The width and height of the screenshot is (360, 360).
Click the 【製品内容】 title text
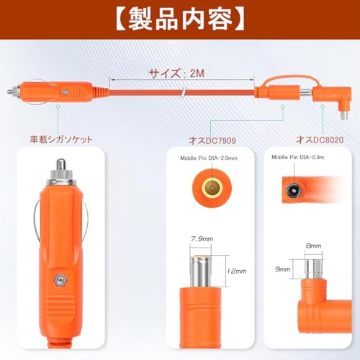[x=180, y=19]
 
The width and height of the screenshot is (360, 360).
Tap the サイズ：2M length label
[x=177, y=73]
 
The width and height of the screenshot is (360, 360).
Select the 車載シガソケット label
[x=61, y=140]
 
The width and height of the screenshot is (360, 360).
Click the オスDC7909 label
[x=212, y=140]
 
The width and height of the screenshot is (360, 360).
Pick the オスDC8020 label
[x=320, y=140]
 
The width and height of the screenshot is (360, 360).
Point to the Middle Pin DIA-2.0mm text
[x=209, y=158]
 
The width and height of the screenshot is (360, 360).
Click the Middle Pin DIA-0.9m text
[x=298, y=157]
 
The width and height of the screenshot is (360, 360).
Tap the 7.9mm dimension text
[x=202, y=239]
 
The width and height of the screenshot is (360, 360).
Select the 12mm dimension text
[x=237, y=271]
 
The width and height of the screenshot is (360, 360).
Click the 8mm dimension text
[x=314, y=246]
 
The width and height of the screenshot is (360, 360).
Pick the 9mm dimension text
[x=283, y=269]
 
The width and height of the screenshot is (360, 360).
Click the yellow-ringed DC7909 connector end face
[x=212, y=186]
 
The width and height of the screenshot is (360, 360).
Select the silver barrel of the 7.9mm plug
[x=201, y=271]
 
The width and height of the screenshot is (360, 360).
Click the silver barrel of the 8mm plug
[x=313, y=269]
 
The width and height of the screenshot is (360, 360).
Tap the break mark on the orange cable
[x=183, y=92]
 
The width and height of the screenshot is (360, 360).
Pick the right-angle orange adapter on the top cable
[x=333, y=99]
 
